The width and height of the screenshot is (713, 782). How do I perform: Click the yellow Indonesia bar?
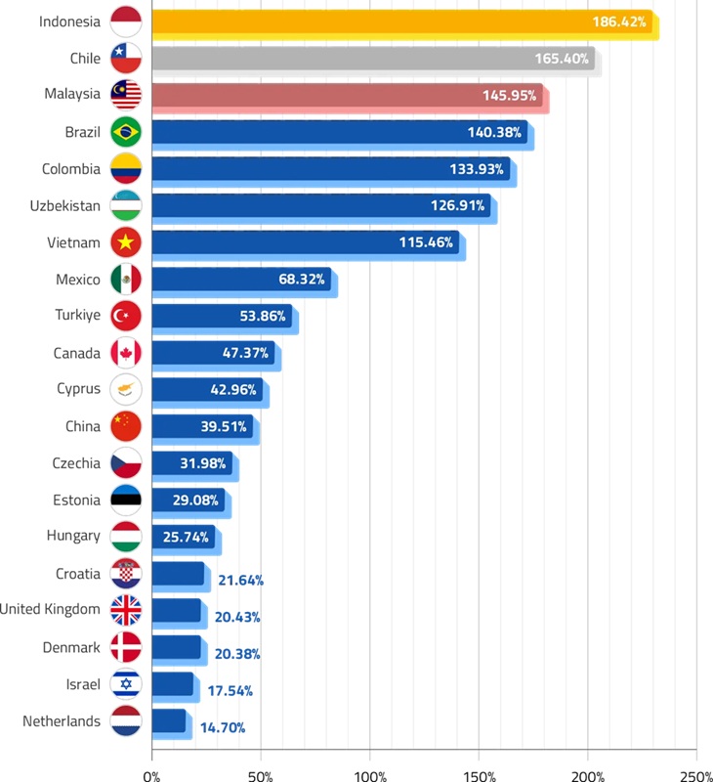point(400,22)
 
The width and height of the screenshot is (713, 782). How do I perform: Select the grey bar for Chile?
point(372,59)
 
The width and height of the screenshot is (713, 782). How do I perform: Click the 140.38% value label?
point(497,133)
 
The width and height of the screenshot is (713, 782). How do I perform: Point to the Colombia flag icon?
point(126,169)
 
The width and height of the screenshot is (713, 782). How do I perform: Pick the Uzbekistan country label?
point(71,206)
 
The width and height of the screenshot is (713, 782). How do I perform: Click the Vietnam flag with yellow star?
point(126,242)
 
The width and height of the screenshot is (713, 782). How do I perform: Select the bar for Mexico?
point(240,280)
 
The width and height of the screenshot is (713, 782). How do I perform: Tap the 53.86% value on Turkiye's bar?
point(263,317)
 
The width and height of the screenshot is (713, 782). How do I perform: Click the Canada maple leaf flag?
point(126,353)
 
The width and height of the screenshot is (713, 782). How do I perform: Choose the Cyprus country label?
point(78,389)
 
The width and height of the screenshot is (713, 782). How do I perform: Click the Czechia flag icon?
point(126,463)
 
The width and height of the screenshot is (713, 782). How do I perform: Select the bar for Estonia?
point(189,500)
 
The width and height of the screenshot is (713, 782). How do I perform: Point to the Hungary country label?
point(73,536)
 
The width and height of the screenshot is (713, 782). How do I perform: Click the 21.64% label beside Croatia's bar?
point(240,580)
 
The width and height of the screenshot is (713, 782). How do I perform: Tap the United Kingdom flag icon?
point(126,610)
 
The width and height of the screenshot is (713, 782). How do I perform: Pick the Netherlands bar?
point(168,721)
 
